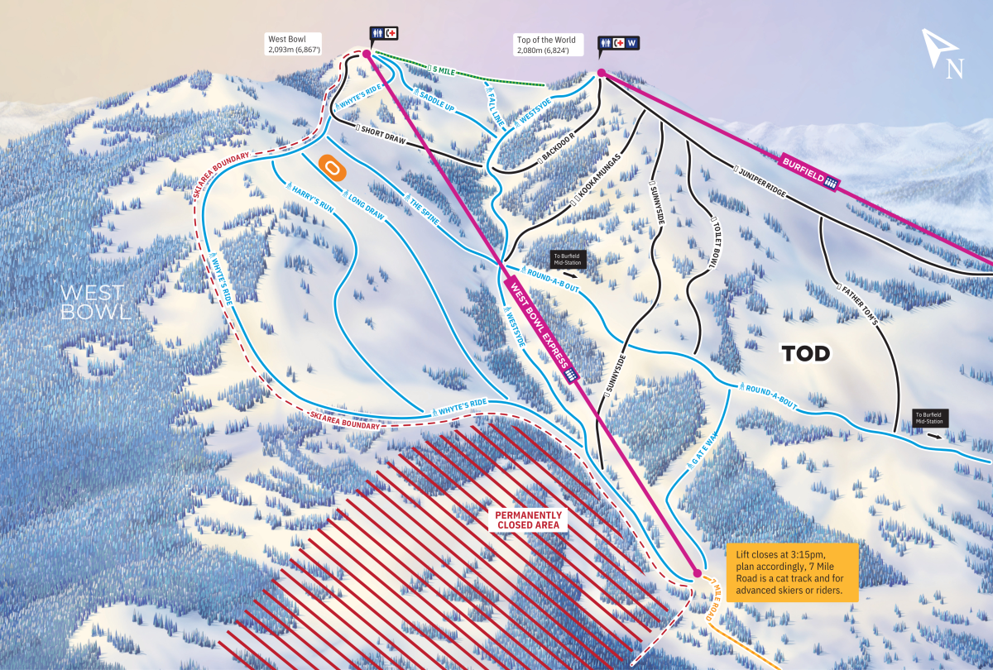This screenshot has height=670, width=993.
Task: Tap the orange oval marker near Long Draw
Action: point(331,168)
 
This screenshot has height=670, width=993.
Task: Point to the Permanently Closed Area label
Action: point(528,519)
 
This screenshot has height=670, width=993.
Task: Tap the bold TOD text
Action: point(805,354)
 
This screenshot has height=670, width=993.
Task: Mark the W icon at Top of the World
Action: point(633,42)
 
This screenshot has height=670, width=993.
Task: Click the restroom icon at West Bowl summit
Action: point(377,33)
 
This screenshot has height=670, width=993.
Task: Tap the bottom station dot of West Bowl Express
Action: point(697,572)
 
